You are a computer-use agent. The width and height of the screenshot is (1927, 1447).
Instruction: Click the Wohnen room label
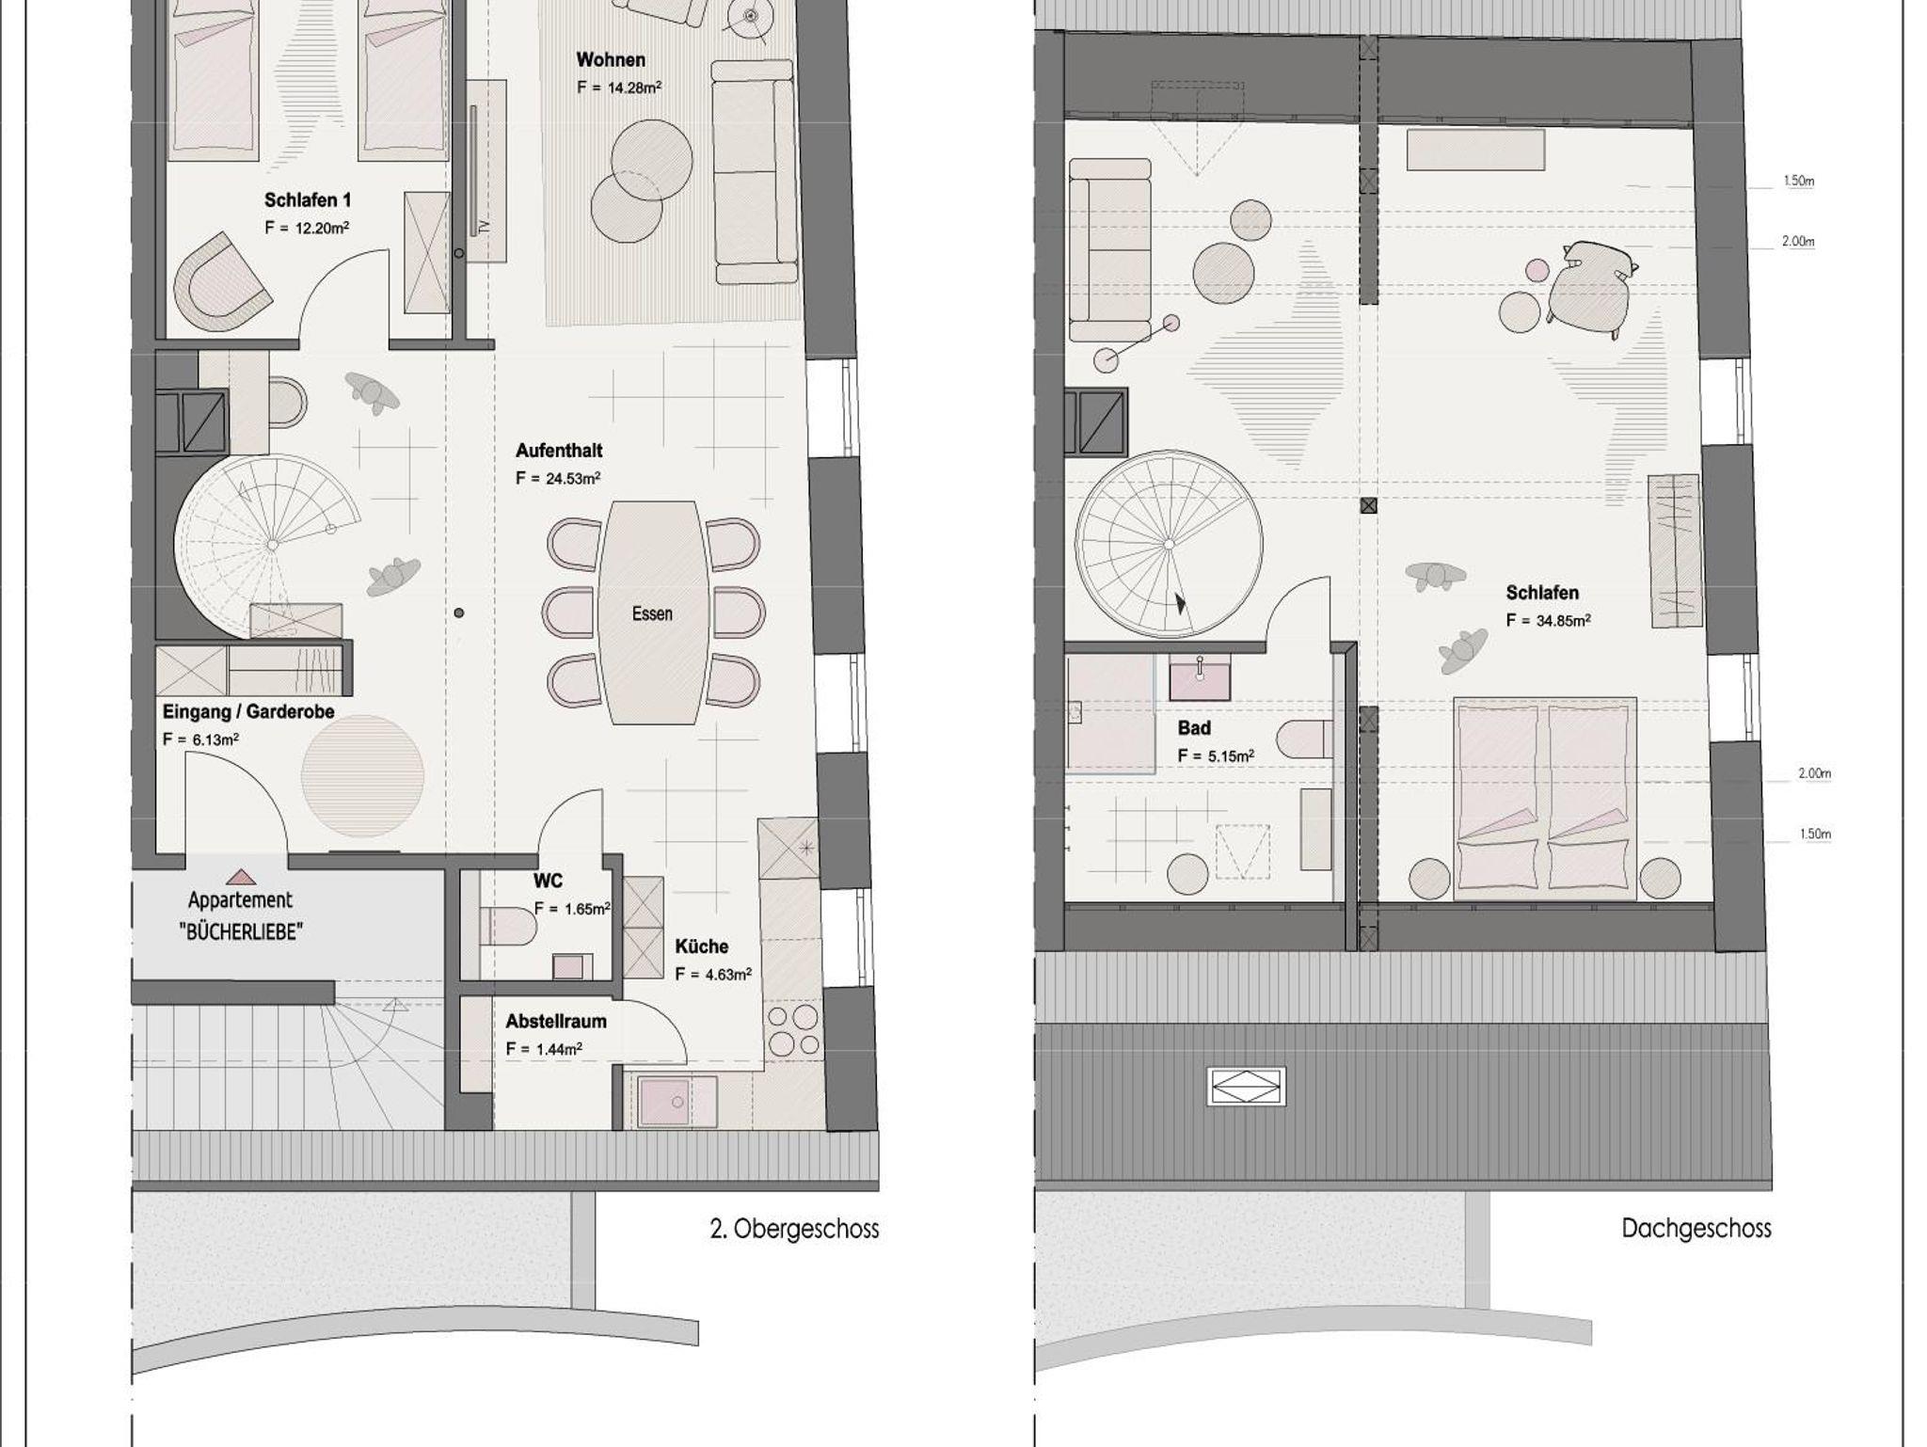click(x=611, y=60)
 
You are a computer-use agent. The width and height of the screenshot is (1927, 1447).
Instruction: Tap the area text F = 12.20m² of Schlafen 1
click(x=308, y=228)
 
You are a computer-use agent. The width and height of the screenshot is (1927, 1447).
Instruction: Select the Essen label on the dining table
click(x=652, y=613)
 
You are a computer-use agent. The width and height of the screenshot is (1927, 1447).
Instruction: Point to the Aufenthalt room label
click(x=559, y=451)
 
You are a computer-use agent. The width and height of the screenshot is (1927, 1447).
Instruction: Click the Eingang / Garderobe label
click(x=248, y=712)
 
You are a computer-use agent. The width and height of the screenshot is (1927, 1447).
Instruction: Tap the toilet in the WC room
click(x=507, y=926)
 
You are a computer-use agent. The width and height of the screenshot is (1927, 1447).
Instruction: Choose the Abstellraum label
click(x=556, y=1021)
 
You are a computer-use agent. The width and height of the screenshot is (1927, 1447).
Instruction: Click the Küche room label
click(x=701, y=946)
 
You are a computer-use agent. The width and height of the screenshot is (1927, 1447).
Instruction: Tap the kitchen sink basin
click(x=664, y=1101)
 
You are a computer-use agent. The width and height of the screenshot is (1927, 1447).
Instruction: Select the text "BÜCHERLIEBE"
click(x=241, y=932)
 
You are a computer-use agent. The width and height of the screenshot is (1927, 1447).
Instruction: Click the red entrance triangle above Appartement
click(x=241, y=877)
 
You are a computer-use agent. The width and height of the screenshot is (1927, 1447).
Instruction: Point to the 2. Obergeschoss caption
click(x=794, y=1229)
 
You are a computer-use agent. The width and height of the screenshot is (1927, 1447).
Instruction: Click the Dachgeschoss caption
click(x=1696, y=1228)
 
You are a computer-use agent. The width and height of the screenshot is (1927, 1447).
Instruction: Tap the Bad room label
click(x=1194, y=728)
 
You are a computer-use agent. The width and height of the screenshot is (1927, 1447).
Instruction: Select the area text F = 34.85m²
click(x=1549, y=620)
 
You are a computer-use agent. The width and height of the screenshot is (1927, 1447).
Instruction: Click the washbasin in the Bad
click(x=1200, y=677)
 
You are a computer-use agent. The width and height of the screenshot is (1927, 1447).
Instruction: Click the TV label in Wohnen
click(x=485, y=227)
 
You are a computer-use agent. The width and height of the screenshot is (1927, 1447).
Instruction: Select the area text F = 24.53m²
click(x=558, y=478)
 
